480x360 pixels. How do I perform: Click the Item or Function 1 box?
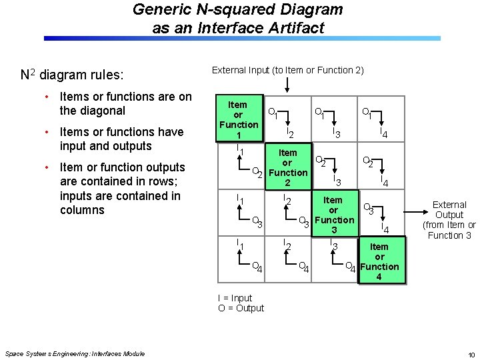click(x=238, y=120)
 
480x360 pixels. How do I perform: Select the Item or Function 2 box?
click(x=287, y=167)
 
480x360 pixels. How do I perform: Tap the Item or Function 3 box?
click(x=333, y=215)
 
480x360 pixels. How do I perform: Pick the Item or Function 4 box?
click(x=379, y=261)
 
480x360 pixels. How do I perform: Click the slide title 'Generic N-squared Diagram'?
click(x=238, y=10)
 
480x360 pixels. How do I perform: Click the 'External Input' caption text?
click(x=287, y=70)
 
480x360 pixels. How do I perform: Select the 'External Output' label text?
click(x=449, y=220)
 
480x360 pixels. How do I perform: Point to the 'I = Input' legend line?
click(x=235, y=298)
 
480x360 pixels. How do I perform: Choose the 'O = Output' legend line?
click(x=241, y=308)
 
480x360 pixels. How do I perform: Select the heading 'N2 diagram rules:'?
click(x=80, y=74)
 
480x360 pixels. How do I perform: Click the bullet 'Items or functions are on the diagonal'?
click(x=125, y=103)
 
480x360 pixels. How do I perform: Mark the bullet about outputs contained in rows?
click(x=121, y=189)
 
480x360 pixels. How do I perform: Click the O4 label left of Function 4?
click(x=350, y=268)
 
